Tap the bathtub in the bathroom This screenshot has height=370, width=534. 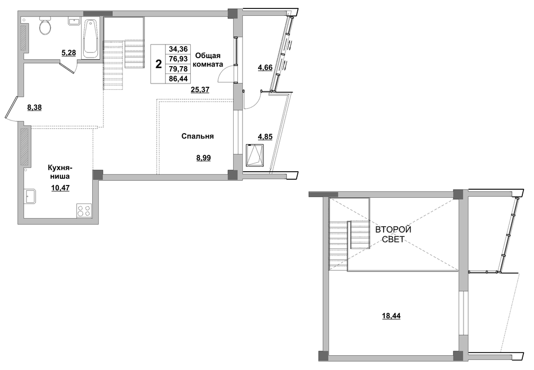coord(91,38)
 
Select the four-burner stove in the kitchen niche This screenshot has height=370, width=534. coord(84,211)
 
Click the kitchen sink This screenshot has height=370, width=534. coord(30,196)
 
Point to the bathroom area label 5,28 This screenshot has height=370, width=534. coord(68,53)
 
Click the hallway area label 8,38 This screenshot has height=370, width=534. coord(34,108)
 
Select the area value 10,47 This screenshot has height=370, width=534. coord(60,188)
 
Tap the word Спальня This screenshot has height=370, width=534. coord(198,136)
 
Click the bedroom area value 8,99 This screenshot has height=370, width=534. coord(203,158)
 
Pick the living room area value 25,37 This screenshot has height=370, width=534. coord(200,90)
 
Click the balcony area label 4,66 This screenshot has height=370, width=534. coord(265,68)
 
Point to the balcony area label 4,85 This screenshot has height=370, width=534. coord(265,136)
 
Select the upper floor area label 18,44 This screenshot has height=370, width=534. coord(391,316)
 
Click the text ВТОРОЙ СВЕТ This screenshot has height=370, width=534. coord(393,235)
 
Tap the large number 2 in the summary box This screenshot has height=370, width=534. coord(158,64)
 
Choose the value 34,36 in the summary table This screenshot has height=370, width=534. coord(179,49)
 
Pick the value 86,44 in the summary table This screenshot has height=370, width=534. coord(179,79)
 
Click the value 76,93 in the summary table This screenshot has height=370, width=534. coord(179,59)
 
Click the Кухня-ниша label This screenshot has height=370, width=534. coord(59,172)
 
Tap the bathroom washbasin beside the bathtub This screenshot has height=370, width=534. coord(74,22)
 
